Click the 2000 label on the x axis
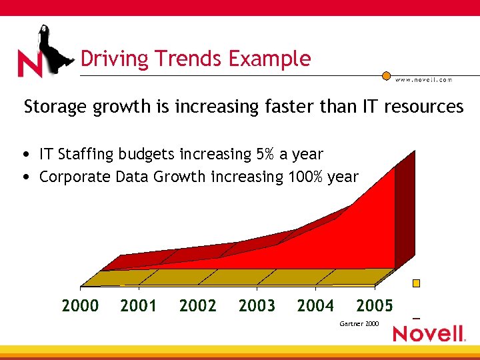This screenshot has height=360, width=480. tap(80, 306)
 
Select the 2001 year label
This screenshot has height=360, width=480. tap(139, 306)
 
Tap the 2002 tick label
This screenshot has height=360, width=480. tap(197, 306)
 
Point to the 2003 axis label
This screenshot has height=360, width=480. tap(257, 306)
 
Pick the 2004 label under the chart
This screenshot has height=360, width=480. tap(315, 306)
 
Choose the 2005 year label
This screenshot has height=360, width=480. tap(375, 306)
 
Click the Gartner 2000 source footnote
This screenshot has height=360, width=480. tap(359, 323)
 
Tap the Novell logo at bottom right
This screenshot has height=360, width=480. tap(429, 333)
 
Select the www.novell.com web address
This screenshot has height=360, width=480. tap(423, 80)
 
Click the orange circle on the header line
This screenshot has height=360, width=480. tap(386, 76)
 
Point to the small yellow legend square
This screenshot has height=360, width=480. tap(417, 283)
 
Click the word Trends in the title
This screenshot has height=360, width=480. tap(191, 59)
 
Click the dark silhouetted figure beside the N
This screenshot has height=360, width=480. tap(53, 48)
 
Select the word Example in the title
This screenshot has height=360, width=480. tap(269, 59)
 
